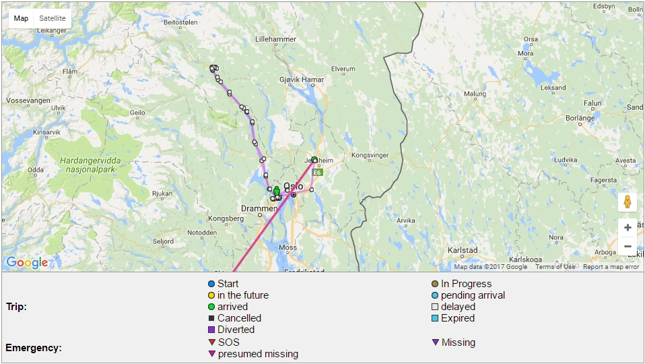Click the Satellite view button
tap(53, 18)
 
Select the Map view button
tap(22, 18)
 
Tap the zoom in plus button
tap(627, 228)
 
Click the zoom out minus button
tap(627, 246)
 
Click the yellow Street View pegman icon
tap(627, 202)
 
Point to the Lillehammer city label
tap(275, 39)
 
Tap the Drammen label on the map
tap(259, 209)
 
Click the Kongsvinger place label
tap(370, 155)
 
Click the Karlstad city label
tap(463, 250)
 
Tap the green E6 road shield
tap(318, 173)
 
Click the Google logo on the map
tap(27, 262)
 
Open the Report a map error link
tap(611, 267)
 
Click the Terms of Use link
tap(555, 267)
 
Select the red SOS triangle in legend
tap(211, 342)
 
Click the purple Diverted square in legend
tap(211, 330)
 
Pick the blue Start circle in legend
tap(211, 284)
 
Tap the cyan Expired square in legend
tap(435, 318)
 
